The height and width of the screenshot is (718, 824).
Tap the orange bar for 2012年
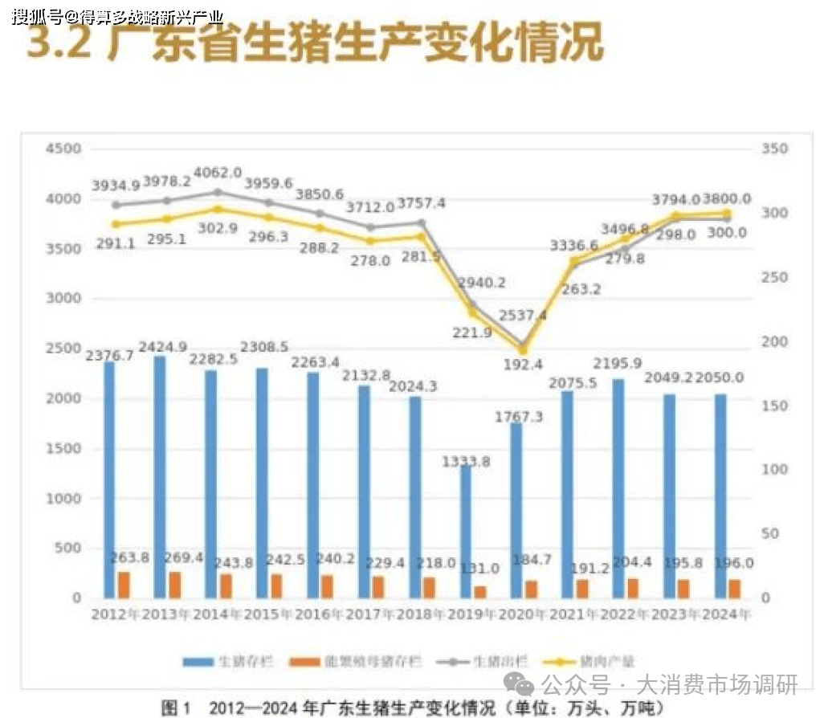click(124, 585)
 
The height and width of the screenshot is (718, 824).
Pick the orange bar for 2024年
click(734, 589)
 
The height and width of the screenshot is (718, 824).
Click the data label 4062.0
click(219, 173)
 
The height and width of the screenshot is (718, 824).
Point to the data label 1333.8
click(468, 462)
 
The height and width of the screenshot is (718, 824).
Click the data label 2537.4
click(523, 316)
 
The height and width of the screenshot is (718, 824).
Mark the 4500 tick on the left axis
click(64, 149)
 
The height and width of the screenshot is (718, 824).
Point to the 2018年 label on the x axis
click(415, 616)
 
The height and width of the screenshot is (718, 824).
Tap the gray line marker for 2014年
click(218, 193)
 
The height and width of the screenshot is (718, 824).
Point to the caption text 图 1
click(176, 708)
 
